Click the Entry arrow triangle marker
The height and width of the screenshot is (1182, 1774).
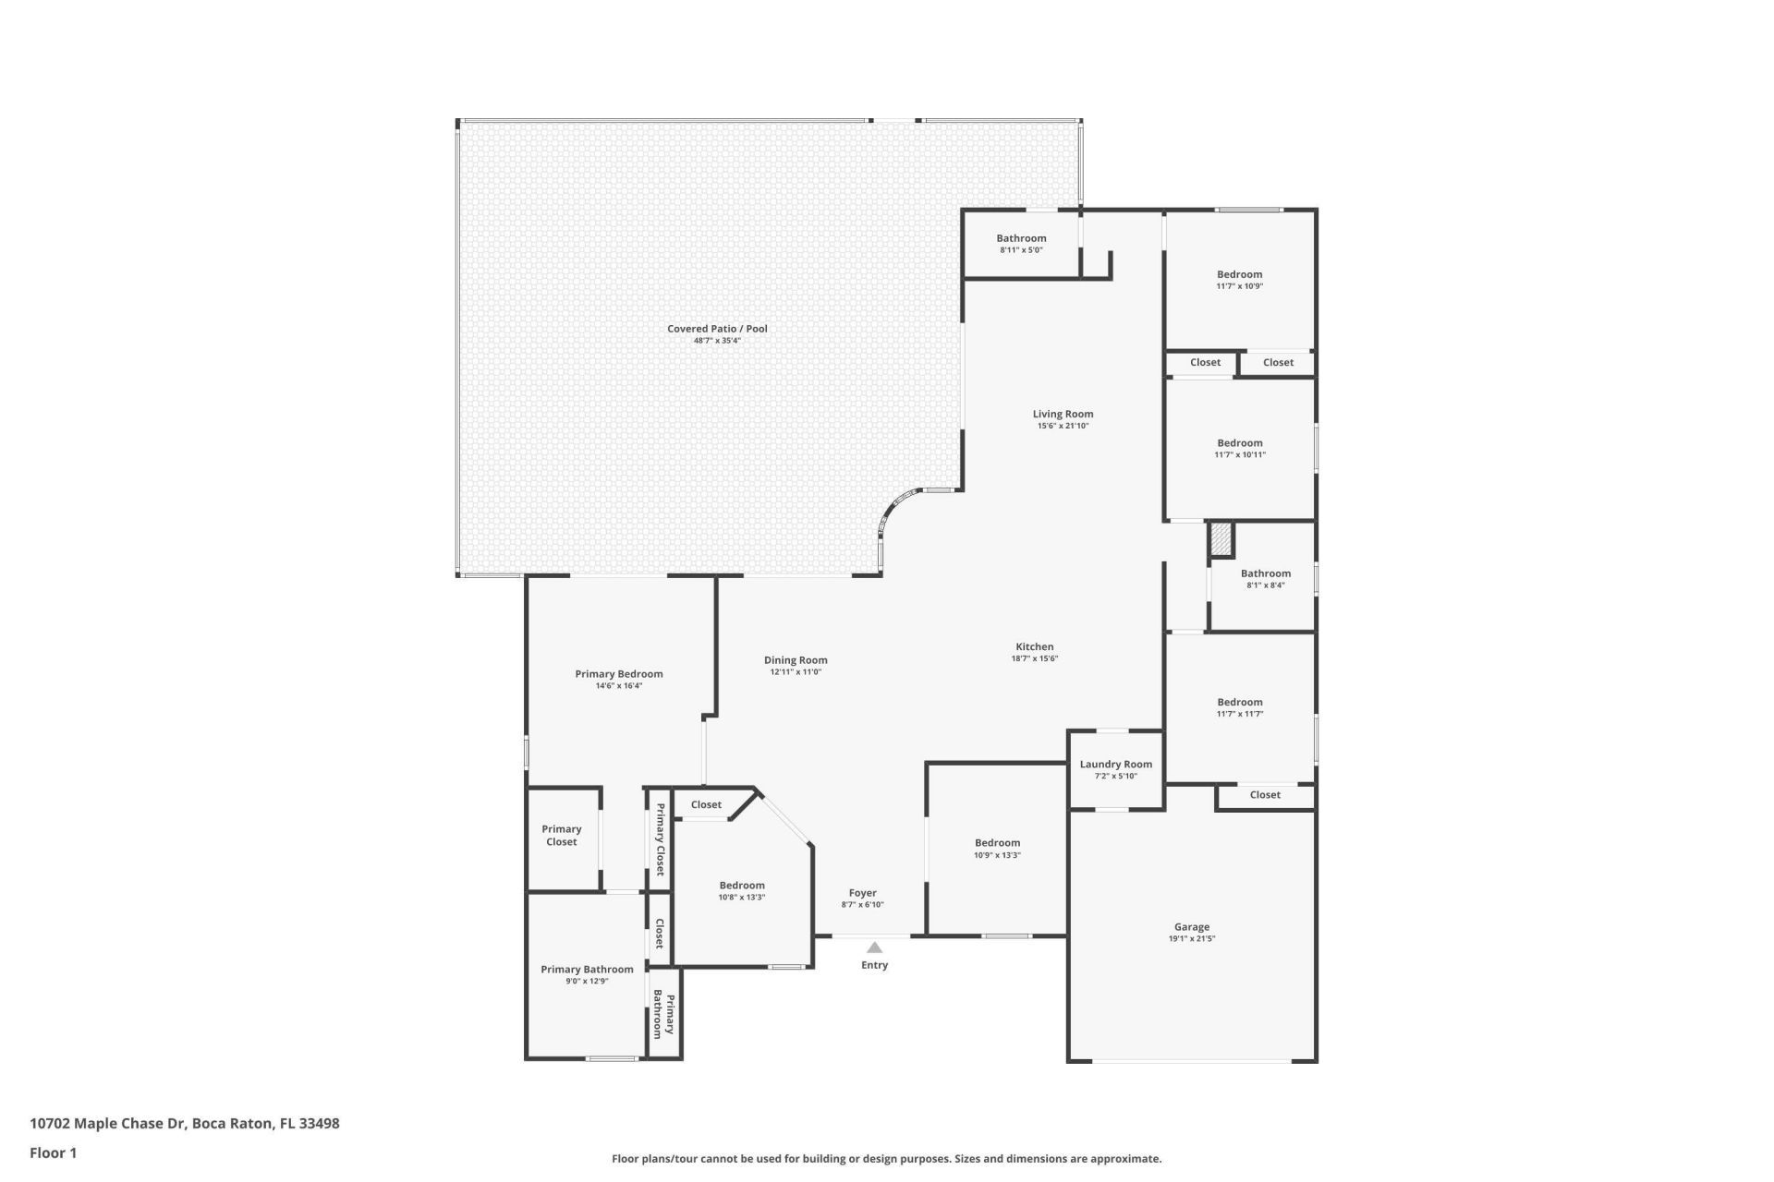[874, 947]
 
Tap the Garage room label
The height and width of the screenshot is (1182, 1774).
[1191, 927]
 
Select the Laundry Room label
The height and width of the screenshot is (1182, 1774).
[1115, 765]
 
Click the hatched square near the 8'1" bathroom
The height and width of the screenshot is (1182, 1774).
[1221, 540]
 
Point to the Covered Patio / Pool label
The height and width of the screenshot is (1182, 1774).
[717, 329]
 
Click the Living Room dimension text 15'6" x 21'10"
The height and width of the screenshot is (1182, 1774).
[1063, 426]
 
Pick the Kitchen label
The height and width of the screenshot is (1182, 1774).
[1034, 647]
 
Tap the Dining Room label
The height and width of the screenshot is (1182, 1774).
[796, 660]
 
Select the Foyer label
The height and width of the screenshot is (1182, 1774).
[862, 893]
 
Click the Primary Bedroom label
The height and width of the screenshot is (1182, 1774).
[618, 674]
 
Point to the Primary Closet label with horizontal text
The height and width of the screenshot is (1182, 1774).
[561, 835]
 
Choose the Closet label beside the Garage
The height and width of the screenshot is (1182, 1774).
[1265, 795]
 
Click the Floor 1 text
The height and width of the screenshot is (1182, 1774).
[53, 1152]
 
